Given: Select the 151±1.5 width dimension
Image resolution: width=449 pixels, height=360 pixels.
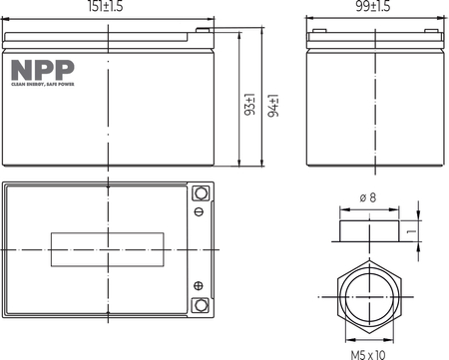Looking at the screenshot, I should [x=109, y=8].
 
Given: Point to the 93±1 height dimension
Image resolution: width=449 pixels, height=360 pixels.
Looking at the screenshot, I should [x=250, y=107].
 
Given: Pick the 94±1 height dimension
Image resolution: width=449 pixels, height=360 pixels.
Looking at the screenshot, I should [x=271, y=107].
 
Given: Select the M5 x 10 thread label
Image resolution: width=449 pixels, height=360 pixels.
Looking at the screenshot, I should [x=369, y=353].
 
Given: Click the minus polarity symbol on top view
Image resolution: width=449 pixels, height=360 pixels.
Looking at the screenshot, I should [x=200, y=212].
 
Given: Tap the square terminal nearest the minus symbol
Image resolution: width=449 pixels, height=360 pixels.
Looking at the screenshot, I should [x=200, y=193].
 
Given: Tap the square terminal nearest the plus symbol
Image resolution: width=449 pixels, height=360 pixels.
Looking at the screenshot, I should [x=200, y=305].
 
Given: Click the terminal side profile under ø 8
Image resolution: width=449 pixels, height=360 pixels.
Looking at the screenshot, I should [x=368, y=231].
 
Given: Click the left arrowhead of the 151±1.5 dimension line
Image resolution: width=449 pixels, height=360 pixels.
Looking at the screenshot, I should [x=7, y=18].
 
